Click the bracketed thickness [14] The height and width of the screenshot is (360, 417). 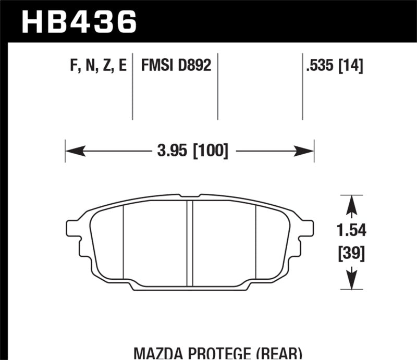pyautogui.click(x=352, y=67)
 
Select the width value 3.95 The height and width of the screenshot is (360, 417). pyautogui.click(x=173, y=152)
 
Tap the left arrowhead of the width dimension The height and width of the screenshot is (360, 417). pyautogui.click(x=73, y=152)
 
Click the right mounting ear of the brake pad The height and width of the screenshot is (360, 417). pyautogui.click(x=308, y=228)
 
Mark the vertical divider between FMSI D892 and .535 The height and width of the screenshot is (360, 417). pyautogui.click(x=217, y=86)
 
